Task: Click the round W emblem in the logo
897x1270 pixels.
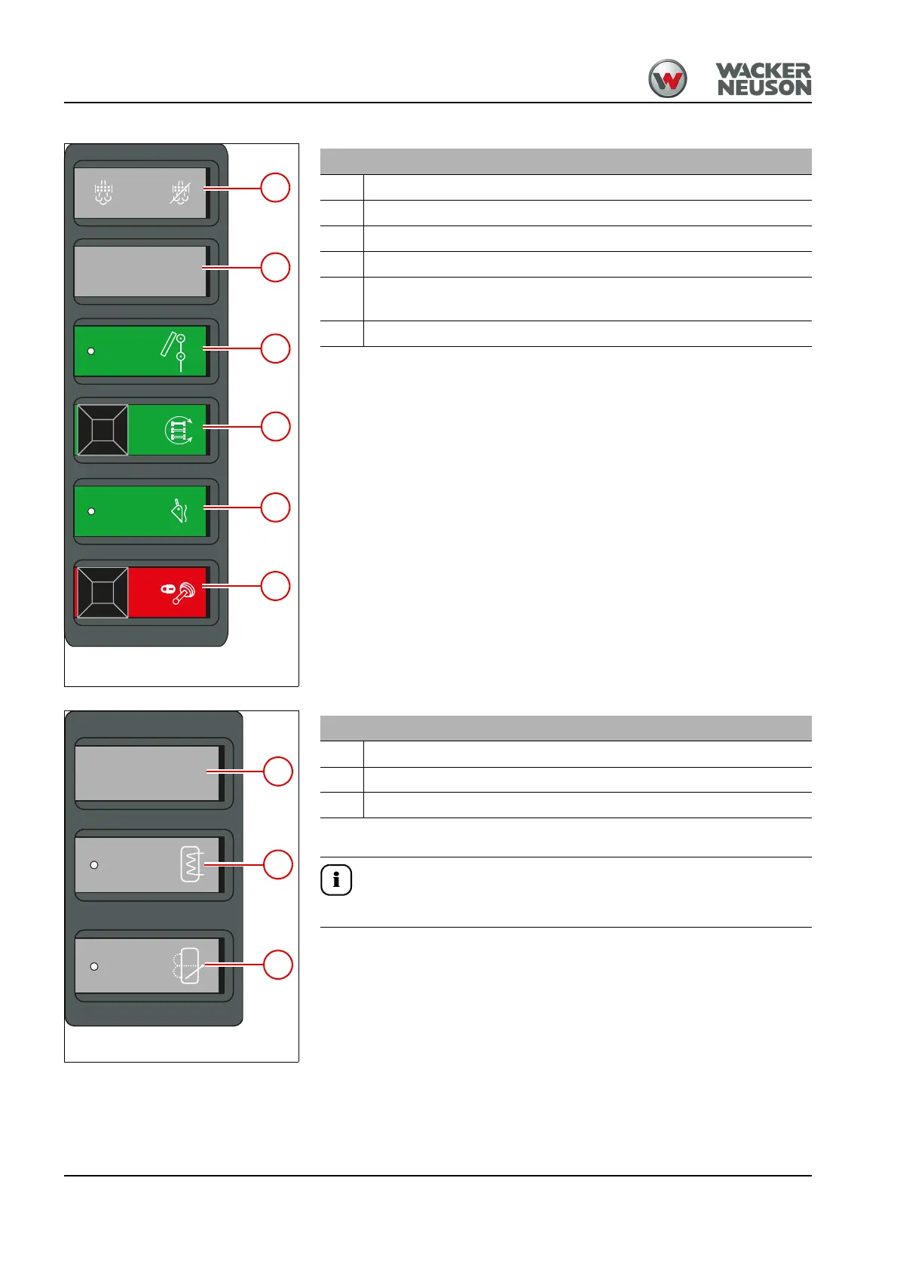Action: point(668,79)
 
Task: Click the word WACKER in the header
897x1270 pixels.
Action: point(763,71)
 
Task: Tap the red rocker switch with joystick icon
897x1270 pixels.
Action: point(142,592)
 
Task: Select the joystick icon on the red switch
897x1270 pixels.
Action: point(179,592)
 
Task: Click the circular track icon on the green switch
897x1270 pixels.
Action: point(179,430)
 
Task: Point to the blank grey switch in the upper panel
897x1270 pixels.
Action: point(140,271)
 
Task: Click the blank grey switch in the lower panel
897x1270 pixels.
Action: point(148,773)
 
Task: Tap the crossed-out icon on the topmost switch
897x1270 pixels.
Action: point(180,194)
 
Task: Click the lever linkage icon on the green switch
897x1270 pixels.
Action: point(174,351)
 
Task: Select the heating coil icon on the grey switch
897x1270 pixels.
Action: point(192,864)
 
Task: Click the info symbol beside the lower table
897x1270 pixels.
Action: point(336,880)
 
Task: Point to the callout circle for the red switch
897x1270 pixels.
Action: point(275,586)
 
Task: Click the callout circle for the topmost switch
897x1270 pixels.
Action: point(275,188)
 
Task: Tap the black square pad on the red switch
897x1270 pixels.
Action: point(103,592)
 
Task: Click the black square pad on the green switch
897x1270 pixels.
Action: point(103,430)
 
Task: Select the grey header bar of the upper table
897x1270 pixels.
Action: point(565,161)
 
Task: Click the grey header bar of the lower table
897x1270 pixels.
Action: point(565,729)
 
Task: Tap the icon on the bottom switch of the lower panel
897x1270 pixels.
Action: point(188,965)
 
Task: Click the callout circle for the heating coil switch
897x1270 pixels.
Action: point(277,864)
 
